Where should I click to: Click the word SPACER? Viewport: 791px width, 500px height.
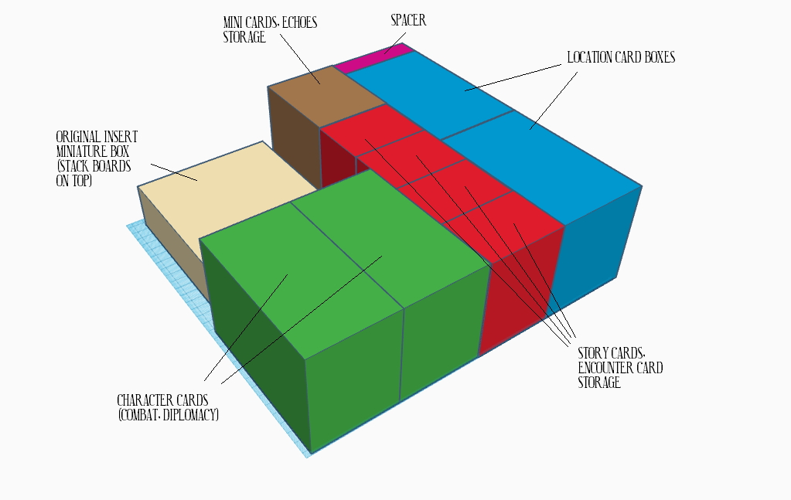pos(408,20)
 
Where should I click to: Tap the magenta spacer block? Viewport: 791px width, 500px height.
pos(374,57)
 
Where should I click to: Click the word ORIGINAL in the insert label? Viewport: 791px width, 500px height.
pos(78,137)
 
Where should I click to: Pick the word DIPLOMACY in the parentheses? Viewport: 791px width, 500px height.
pos(193,415)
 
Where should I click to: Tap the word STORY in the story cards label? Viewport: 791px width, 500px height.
pos(594,353)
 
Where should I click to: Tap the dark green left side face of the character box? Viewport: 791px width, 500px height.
pos(257,343)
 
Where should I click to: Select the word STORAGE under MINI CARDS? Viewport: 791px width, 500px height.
pos(244,37)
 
